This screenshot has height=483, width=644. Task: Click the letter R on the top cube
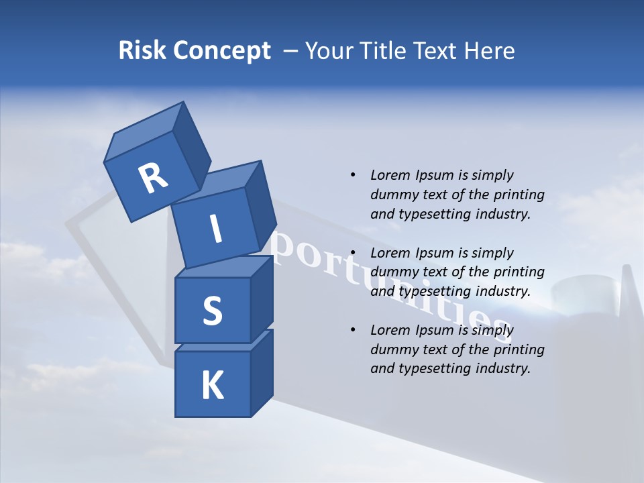(x=153, y=178)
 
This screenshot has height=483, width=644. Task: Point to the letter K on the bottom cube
(x=212, y=386)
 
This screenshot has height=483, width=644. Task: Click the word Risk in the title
(x=143, y=51)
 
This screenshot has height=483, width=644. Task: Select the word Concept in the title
(x=223, y=51)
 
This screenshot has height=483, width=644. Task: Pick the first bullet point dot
(x=352, y=175)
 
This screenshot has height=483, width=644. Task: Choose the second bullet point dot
(x=352, y=253)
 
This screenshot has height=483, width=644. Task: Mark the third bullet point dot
(x=352, y=330)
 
